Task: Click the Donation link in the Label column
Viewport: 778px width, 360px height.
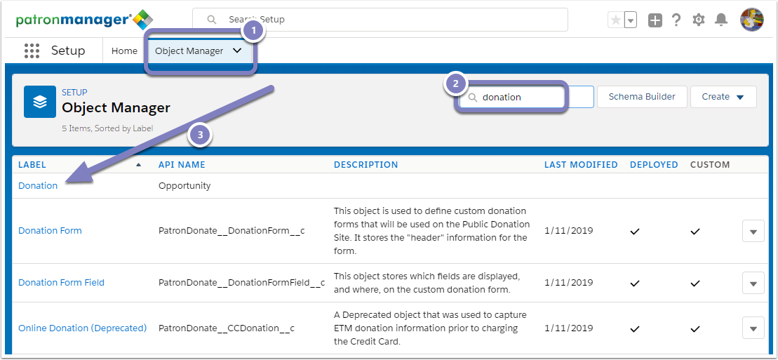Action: coord(38,186)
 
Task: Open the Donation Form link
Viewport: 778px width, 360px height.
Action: coord(50,230)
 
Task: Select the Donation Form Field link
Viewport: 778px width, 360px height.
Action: coord(62,283)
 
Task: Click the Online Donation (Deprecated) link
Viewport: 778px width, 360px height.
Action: coord(82,328)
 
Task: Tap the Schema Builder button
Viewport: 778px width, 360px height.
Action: coord(642,97)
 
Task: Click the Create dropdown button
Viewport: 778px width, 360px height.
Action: coord(723,97)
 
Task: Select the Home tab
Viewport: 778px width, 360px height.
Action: coord(124,51)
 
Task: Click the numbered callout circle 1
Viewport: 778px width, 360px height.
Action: coord(254,30)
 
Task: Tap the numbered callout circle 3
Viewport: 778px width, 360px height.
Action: coord(200,135)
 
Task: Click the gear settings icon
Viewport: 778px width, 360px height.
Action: coord(699,20)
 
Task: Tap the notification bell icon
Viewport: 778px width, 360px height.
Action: coord(721,20)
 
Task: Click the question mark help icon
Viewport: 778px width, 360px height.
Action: coord(676,20)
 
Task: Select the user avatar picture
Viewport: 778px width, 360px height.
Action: coord(752,20)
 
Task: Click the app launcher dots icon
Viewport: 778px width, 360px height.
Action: coord(32,51)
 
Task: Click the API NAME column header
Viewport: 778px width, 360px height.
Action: coord(182,165)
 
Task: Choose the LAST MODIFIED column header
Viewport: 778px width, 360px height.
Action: coord(581,165)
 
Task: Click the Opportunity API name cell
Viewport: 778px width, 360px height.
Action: coord(185,186)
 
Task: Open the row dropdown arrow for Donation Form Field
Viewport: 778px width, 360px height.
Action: coord(753,283)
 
